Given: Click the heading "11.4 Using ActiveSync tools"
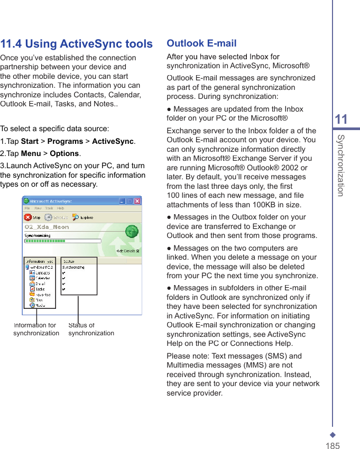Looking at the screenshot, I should [x=76, y=44].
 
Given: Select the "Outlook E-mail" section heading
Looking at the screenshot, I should [x=201, y=43].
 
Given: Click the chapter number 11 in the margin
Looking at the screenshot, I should [x=341, y=120].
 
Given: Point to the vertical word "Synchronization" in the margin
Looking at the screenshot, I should [x=341, y=165].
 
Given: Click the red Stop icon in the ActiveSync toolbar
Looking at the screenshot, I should [x=28, y=217].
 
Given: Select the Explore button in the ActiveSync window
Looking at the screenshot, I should [x=82, y=217].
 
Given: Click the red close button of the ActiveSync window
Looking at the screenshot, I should [x=137, y=201].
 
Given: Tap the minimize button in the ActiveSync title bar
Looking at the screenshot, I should [x=122, y=201].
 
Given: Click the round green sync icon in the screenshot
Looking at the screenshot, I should [x=132, y=231].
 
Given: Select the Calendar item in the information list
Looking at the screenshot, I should [x=43, y=278].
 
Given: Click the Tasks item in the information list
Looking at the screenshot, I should [x=40, y=289].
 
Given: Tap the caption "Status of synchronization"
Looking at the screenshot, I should [x=91, y=329].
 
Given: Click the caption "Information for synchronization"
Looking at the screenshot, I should [x=36, y=329].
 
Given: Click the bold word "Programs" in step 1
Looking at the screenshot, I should [x=65, y=141].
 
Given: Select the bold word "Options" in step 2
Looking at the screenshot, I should [x=64, y=153].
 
